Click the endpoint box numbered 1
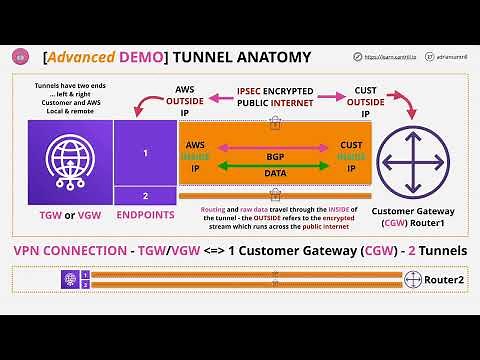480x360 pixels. pyautogui.click(x=145, y=153)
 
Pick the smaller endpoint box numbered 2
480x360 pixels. pyautogui.click(x=145, y=197)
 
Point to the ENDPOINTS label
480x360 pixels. pyautogui.click(x=145, y=214)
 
